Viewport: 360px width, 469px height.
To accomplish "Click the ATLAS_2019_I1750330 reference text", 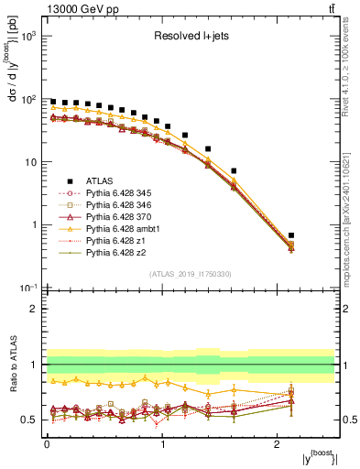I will (x=191, y=274).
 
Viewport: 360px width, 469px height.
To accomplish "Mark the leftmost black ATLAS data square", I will (x=53, y=102).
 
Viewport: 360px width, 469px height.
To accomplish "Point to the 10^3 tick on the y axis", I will (x=36, y=36).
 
